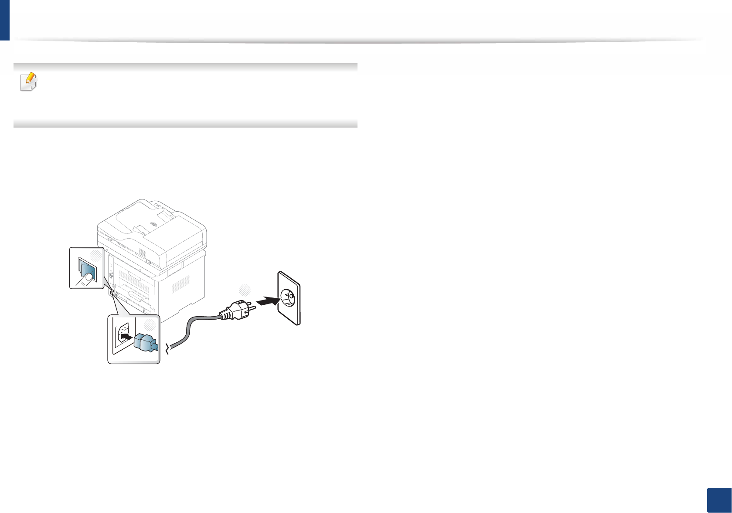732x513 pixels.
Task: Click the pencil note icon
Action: (29, 81)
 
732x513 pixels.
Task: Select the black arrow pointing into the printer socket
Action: (126, 337)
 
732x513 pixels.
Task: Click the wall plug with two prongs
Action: (235, 310)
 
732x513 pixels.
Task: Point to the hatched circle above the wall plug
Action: (245, 290)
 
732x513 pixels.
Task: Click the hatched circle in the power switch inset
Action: (96, 255)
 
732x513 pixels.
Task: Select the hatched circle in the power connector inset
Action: (150, 324)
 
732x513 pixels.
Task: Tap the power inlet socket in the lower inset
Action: (123, 334)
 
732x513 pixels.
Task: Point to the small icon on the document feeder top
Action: (153, 224)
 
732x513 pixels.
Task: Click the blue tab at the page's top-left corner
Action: (4, 20)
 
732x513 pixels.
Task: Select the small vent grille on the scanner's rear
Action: (142, 252)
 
